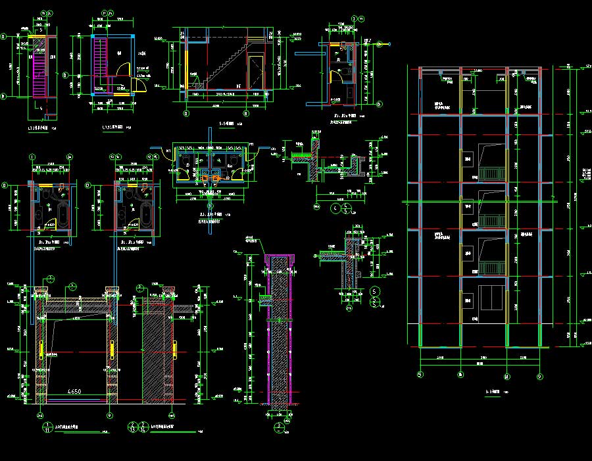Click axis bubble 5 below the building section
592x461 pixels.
[x=420, y=376]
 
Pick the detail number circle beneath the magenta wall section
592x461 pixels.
[x=279, y=427]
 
